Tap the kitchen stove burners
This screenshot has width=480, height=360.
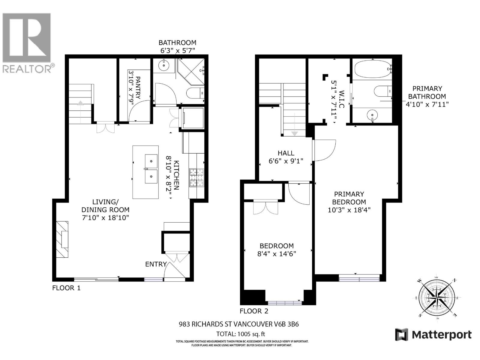196,178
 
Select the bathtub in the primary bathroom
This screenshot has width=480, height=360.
372,69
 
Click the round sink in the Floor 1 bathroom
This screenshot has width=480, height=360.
164,65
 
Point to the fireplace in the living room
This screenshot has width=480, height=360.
62,239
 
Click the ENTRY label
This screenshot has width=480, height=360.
156,264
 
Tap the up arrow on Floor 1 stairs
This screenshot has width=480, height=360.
80,103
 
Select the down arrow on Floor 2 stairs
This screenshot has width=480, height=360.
294,133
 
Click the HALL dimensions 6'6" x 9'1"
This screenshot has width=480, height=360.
286,161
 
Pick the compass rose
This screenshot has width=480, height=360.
437,297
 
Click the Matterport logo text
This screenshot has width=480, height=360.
441,334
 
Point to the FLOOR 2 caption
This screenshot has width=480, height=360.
254,311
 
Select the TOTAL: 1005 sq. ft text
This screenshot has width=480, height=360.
241,334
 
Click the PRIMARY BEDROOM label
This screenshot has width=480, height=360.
349,198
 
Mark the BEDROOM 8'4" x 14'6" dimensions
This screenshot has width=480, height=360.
277,254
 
